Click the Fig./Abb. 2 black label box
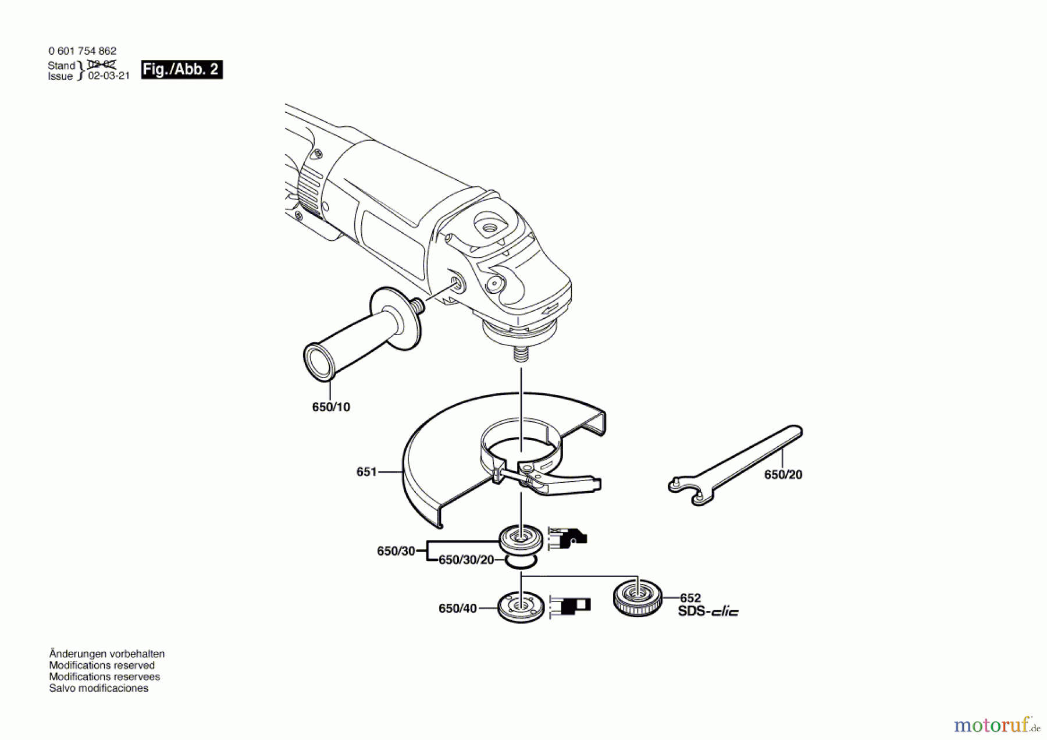pyautogui.click(x=181, y=70)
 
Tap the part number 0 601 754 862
pyautogui.click(x=82, y=51)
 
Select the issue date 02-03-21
pyautogui.click(x=109, y=76)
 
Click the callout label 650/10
pyautogui.click(x=331, y=407)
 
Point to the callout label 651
pyautogui.click(x=366, y=472)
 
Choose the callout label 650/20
pyautogui.click(x=783, y=475)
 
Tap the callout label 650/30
pyautogui.click(x=396, y=551)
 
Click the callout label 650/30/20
pyautogui.click(x=466, y=560)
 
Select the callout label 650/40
pyautogui.click(x=457, y=609)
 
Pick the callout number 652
pyautogui.click(x=690, y=598)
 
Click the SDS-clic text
pyautogui.click(x=708, y=611)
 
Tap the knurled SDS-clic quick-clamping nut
pyautogui.click(x=638, y=599)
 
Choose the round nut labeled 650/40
pyautogui.click(x=521, y=607)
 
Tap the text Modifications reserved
pyautogui.click(x=102, y=665)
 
